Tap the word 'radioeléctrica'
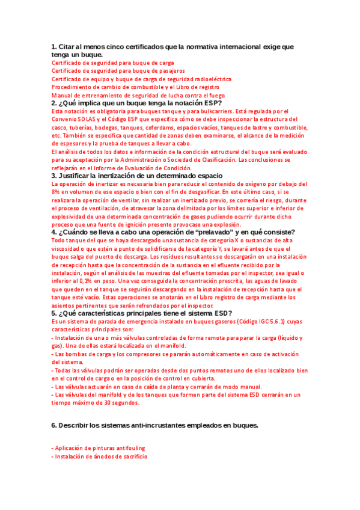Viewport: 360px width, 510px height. click(210, 79)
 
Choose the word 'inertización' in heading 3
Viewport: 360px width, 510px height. click(110, 176)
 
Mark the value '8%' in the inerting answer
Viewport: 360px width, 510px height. click(56, 192)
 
